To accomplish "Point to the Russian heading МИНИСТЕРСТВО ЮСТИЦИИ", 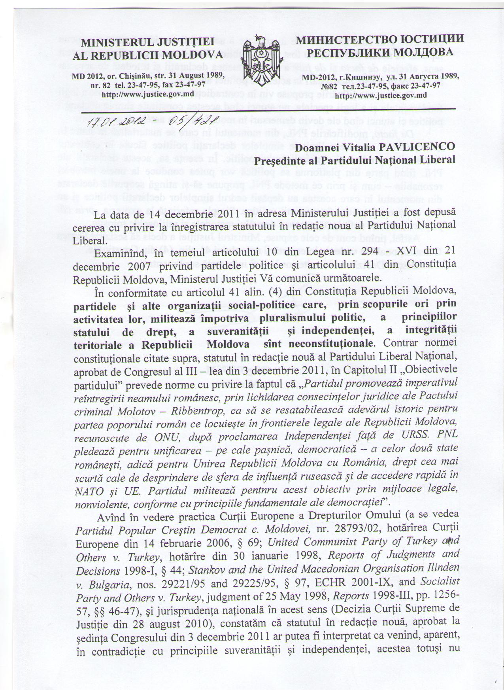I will (x=379, y=40).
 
